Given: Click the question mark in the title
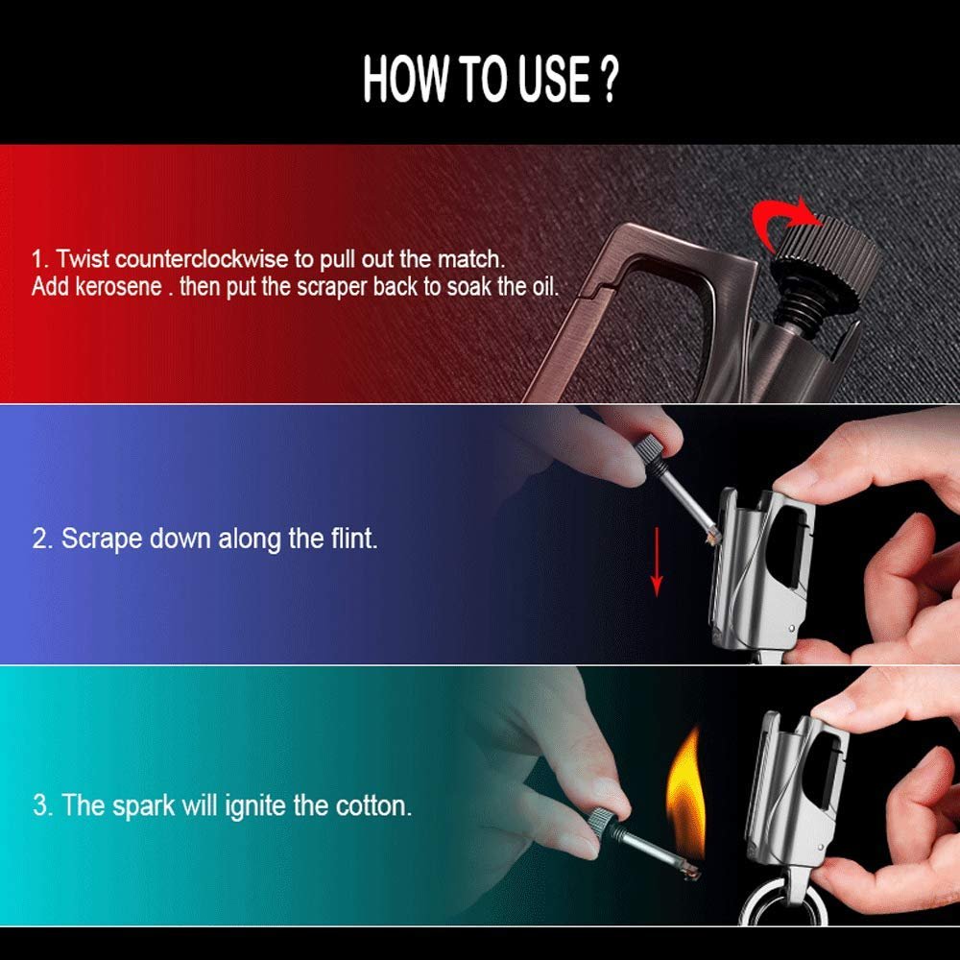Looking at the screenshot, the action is pos(608,80).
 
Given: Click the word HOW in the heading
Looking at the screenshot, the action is pos(405,80).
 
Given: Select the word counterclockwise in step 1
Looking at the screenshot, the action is pos(202,259).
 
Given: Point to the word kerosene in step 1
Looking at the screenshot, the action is pos(118,286).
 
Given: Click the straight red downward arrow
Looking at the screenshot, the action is pos(657,562).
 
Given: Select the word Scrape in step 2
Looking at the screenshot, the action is pos(103,540).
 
